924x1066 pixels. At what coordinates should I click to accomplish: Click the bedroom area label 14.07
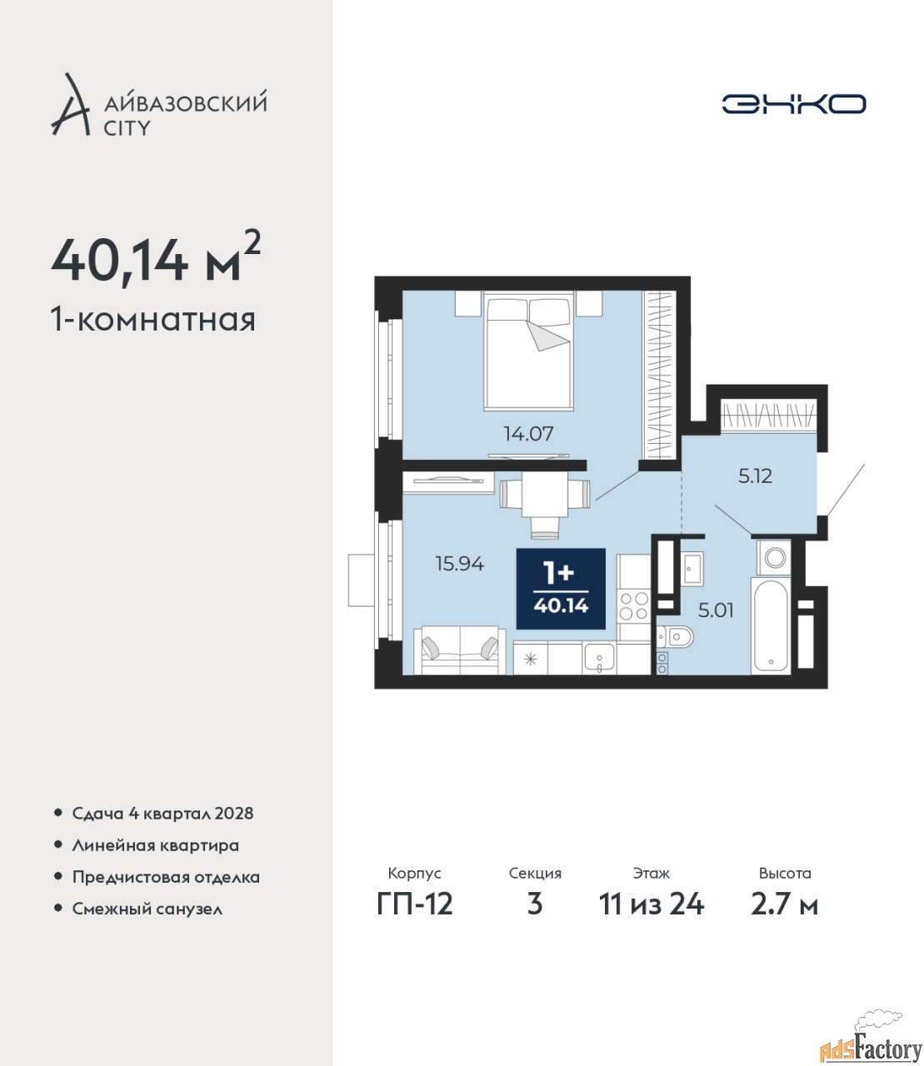tap(528, 434)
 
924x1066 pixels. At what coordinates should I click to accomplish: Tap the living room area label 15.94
tap(460, 564)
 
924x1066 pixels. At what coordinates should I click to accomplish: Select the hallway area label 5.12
tap(756, 476)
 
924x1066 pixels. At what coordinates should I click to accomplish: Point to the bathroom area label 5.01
tap(716, 610)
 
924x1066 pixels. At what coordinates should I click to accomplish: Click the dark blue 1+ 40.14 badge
tap(561, 589)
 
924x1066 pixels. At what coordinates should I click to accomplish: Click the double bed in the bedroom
tap(529, 351)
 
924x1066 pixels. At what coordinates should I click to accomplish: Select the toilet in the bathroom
tap(676, 637)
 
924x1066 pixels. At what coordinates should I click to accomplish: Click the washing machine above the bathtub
tap(774, 557)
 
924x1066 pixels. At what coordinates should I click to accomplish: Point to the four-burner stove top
tap(633, 606)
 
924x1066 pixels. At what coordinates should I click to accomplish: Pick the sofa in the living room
tap(460, 650)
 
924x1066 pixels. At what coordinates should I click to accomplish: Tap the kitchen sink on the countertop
tap(599, 659)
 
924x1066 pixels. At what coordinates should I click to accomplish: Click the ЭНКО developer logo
tap(793, 103)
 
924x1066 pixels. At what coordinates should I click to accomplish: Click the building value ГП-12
tap(415, 919)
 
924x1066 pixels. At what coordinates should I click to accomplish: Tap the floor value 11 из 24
tap(651, 919)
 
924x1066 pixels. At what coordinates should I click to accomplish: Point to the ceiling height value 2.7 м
tap(784, 919)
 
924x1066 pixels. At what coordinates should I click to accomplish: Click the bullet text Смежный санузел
tap(147, 909)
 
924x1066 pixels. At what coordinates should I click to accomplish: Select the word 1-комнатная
tap(153, 321)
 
